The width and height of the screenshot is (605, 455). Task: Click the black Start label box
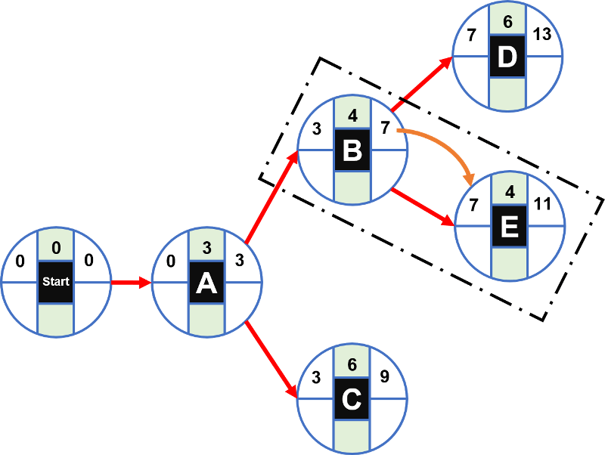pyautogui.click(x=56, y=282)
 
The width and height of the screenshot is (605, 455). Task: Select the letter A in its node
pyautogui.click(x=206, y=283)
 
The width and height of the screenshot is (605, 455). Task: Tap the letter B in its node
pyautogui.click(x=352, y=150)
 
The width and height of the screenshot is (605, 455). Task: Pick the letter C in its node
pyautogui.click(x=352, y=399)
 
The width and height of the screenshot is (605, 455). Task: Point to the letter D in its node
pyautogui.click(x=507, y=57)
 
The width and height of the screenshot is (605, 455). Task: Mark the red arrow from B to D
pyautogui.click(x=423, y=83)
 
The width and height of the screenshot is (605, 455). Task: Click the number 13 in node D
pyautogui.click(x=541, y=35)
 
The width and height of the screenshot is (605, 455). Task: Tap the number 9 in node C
pyautogui.click(x=385, y=376)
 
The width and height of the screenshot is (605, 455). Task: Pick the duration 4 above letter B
pyautogui.click(x=352, y=117)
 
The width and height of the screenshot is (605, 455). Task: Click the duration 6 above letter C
pyautogui.click(x=352, y=364)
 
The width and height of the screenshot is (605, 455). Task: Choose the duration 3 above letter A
pyautogui.click(x=206, y=248)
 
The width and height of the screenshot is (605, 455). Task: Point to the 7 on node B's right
pyautogui.click(x=385, y=128)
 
